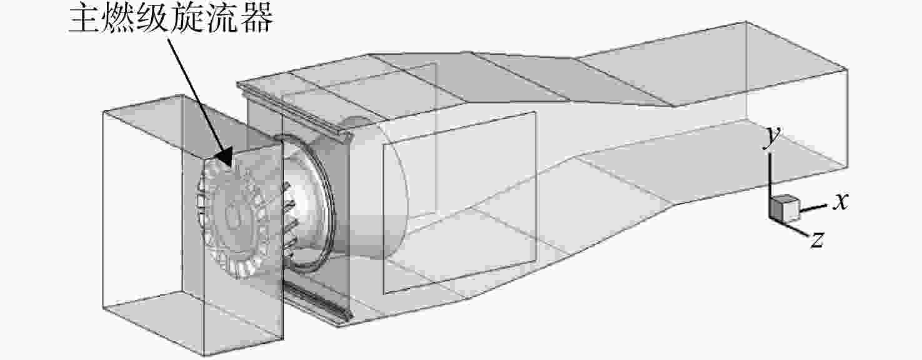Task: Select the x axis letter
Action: (841, 202)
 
